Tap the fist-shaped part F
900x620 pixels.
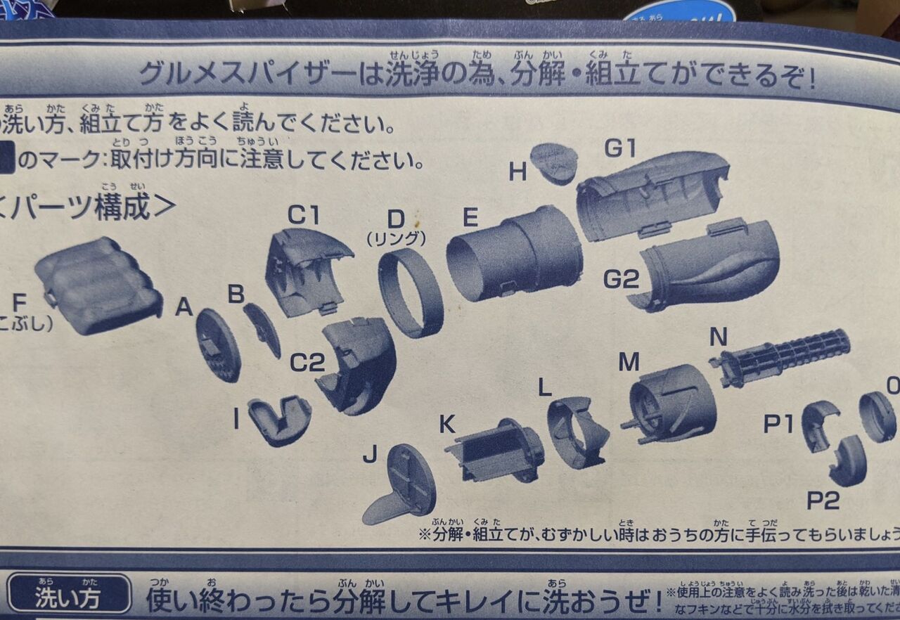tap(98, 285)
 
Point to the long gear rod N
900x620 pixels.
tap(780, 357)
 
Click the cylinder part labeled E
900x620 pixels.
tap(515, 253)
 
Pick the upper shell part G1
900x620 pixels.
tap(651, 194)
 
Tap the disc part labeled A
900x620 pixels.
tap(218, 344)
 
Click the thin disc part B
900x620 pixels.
tap(262, 328)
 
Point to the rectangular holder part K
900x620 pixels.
tap(495, 449)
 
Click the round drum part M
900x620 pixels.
tap(671, 404)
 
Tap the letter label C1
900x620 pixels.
tap(303, 214)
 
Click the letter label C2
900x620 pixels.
tap(307, 363)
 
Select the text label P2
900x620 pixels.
tap(823, 500)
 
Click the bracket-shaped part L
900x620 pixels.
tap(577, 432)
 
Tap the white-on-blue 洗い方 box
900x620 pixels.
tap(68, 598)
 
